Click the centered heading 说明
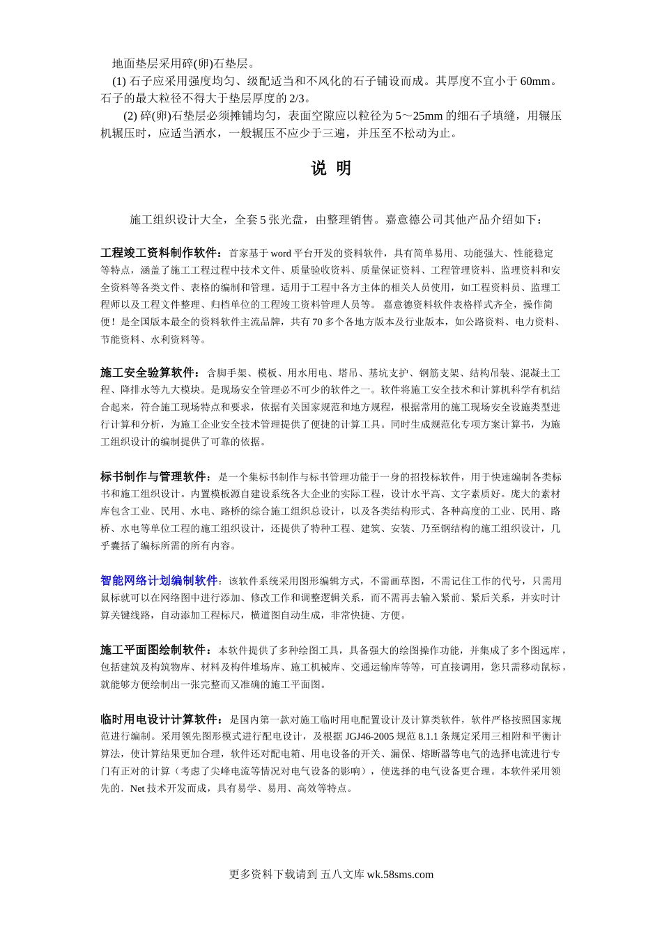click(x=330, y=169)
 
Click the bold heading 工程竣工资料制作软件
click(x=160, y=253)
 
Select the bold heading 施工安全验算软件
click(x=148, y=373)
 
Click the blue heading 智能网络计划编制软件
click(x=159, y=581)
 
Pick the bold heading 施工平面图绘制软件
click(x=153, y=650)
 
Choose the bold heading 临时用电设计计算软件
click(x=159, y=719)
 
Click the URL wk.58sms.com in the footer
click(x=400, y=875)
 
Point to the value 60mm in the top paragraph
click(x=535, y=81)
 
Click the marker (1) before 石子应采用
click(x=119, y=81)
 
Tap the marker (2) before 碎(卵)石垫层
click(x=130, y=116)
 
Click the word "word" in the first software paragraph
click(x=280, y=253)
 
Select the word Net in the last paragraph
click(x=137, y=788)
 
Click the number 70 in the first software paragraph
click(x=318, y=322)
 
